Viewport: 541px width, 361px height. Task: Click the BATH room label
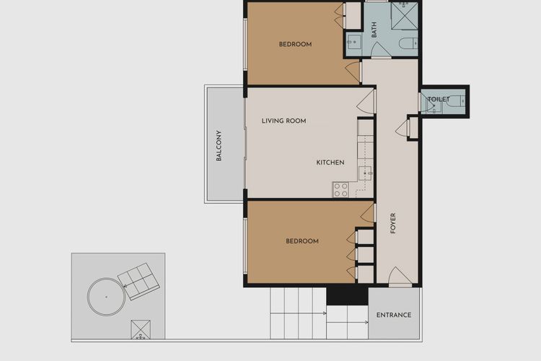coord(374,30)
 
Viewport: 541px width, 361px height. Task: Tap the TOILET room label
coord(439,99)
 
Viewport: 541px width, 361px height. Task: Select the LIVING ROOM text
coord(283,121)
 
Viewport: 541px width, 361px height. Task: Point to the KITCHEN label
coord(330,162)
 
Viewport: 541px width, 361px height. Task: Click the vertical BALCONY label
coord(219,146)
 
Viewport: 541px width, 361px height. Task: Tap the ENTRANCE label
coord(394,315)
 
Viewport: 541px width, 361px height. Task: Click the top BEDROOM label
coord(295,45)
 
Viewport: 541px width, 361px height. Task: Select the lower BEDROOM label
coord(302,241)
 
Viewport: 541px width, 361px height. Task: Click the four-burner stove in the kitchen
coord(340,190)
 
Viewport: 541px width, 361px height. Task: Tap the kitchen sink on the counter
coord(366,173)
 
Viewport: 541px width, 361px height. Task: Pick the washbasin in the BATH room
coord(353,43)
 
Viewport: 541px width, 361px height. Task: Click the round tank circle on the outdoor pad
coord(105,296)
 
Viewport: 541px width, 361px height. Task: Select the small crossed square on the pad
coord(141,331)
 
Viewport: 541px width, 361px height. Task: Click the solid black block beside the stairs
coord(347,295)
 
